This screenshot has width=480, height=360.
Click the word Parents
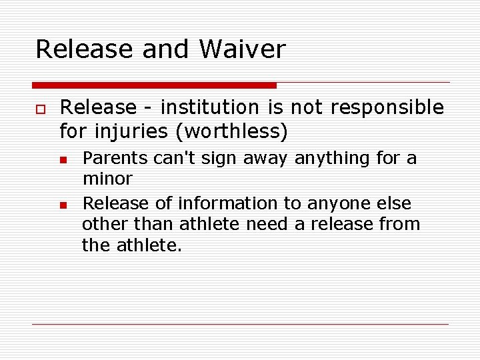115,159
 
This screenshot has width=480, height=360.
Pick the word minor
107,179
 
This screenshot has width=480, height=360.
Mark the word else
394,203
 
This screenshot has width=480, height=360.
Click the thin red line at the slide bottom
240,324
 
